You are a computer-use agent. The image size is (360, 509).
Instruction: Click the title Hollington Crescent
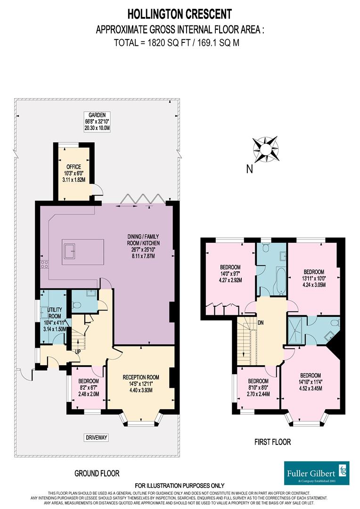point(180,13)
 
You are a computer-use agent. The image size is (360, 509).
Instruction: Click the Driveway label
point(97,438)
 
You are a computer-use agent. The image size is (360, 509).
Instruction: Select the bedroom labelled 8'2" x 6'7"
point(89,387)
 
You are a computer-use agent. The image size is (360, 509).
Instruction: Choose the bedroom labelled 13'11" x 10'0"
point(313,278)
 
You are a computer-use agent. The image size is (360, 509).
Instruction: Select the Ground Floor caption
point(97,473)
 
